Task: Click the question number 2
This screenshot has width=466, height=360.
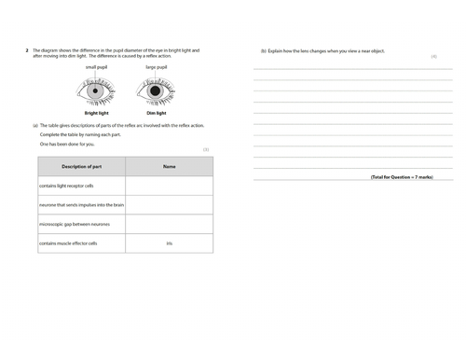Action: coord(26,50)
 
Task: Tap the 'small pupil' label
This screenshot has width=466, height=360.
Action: coord(98,68)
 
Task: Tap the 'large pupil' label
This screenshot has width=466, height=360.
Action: coord(157,68)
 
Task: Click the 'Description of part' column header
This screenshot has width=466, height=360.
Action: coord(82,166)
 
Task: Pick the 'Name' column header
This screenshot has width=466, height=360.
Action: coord(169,166)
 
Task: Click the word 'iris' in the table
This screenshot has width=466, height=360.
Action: coord(169,243)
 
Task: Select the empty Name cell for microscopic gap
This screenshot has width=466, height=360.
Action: coord(169,225)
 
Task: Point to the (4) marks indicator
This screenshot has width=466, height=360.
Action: coord(433,57)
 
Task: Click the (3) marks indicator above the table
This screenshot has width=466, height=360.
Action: coord(206,148)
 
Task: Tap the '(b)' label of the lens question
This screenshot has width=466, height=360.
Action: coord(264,50)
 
